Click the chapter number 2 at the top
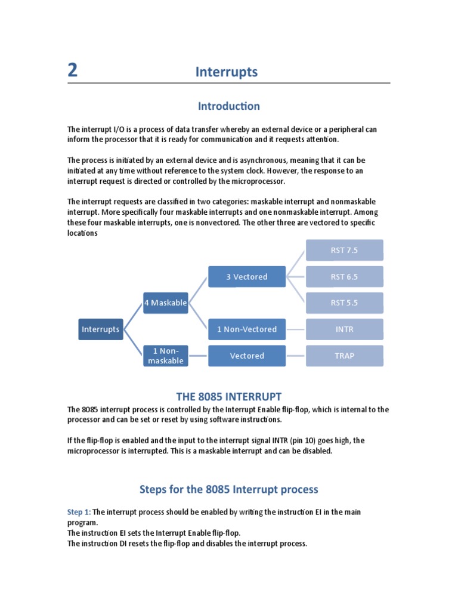[72, 71]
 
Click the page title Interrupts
[227, 72]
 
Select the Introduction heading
[229, 106]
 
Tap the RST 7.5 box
[344, 250]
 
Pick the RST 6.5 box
[344, 276]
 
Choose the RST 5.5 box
[344, 303]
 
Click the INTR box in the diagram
[344, 329]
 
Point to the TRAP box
[344, 356]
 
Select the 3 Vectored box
[247, 276]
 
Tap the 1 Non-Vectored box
[247, 329]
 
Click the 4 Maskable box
[165, 303]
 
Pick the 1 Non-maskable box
[165, 356]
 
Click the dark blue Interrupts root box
[101, 329]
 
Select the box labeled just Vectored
[247, 356]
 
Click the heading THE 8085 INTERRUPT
[229, 397]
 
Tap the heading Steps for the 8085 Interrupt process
[229, 489]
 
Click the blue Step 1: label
[79, 512]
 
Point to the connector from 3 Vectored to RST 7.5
[296, 263]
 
